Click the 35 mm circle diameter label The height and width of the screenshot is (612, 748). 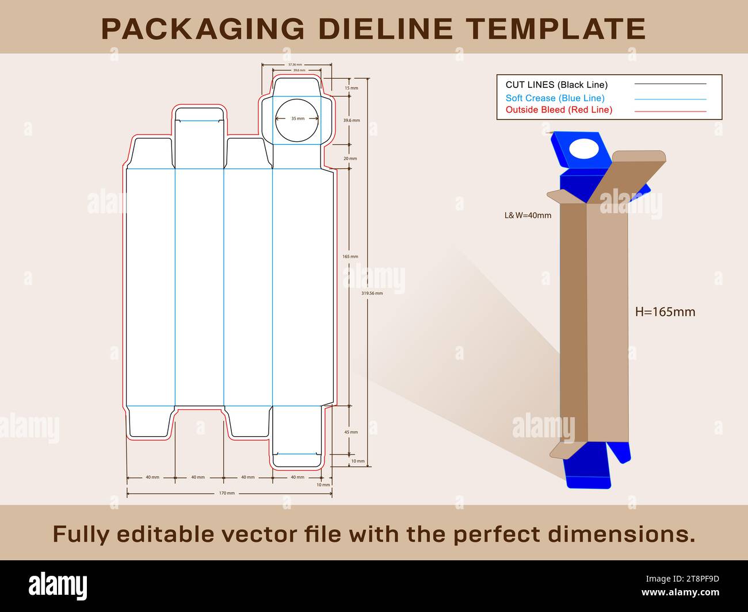click(297, 118)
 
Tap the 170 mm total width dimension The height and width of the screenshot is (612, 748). click(227, 493)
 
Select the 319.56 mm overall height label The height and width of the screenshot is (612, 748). click(372, 293)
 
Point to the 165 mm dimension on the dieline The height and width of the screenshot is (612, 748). click(350, 256)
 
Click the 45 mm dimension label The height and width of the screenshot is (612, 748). click(351, 432)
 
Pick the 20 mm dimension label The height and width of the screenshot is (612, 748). click(350, 158)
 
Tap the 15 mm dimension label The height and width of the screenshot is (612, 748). click(351, 88)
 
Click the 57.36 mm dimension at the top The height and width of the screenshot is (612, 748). click(295, 65)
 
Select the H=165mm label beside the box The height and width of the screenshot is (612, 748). click(665, 312)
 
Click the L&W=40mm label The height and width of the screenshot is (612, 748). click(528, 215)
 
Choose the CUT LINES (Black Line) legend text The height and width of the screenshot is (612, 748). click(556, 85)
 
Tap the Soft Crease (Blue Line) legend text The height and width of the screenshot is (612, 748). click(555, 98)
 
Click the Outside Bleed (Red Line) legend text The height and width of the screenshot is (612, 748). click(559, 110)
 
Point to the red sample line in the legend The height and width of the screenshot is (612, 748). click(670, 111)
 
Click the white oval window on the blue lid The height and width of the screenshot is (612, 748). click(585, 149)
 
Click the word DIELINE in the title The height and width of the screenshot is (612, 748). click(386, 29)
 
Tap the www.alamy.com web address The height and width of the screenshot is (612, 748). click(680, 592)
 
